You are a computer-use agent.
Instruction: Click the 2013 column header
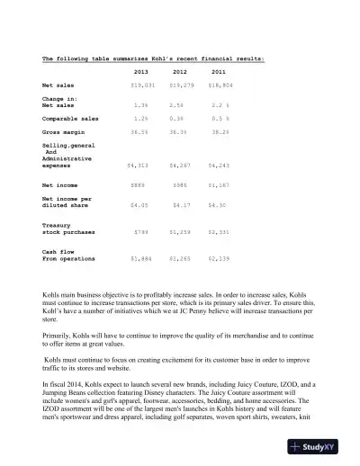pyautogui.click(x=141, y=71)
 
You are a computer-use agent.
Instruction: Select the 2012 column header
pyautogui.click(x=181, y=71)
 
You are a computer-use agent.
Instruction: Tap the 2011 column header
pyautogui.click(x=219, y=71)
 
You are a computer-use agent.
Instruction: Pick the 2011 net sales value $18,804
pyautogui.click(x=220, y=85)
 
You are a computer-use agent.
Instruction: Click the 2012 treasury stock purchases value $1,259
pyautogui.click(x=183, y=231)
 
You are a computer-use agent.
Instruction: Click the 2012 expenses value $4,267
pyautogui.click(x=183, y=166)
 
